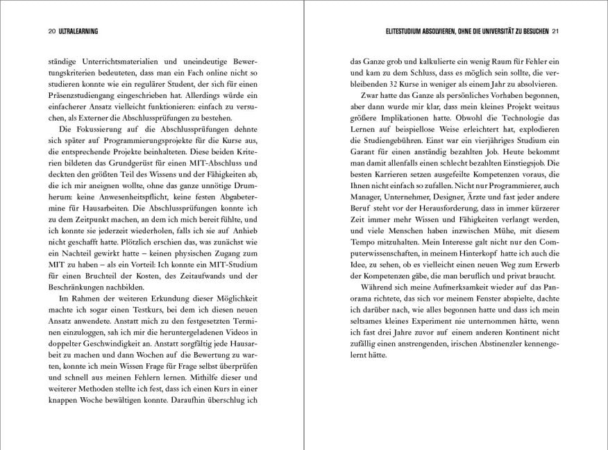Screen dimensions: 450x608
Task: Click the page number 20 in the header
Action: [x=33, y=31]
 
